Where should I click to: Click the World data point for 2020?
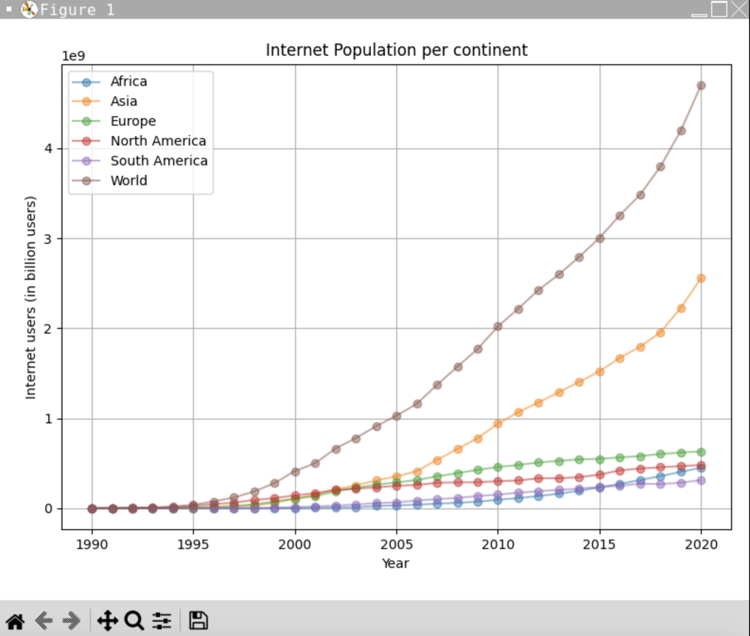click(x=701, y=86)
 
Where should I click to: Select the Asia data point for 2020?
click(x=701, y=278)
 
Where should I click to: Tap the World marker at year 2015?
click(x=600, y=239)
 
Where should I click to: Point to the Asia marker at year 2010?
click(x=497, y=424)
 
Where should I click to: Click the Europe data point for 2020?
click(x=701, y=452)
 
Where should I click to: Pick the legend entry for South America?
click(x=159, y=161)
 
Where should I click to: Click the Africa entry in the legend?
click(x=129, y=81)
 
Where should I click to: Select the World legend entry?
click(x=129, y=180)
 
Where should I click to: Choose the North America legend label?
click(x=158, y=141)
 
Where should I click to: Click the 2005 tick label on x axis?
click(x=396, y=544)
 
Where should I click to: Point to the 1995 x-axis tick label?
click(x=193, y=544)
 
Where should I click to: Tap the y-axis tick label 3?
click(x=48, y=239)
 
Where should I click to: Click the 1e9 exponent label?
click(x=73, y=56)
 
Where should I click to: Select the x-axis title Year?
click(x=395, y=563)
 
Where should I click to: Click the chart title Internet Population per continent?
click(x=396, y=50)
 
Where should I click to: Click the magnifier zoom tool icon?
click(x=134, y=620)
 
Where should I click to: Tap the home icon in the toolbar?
click(x=15, y=620)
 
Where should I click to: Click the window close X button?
click(x=739, y=9)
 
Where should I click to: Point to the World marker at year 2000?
click(x=296, y=472)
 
